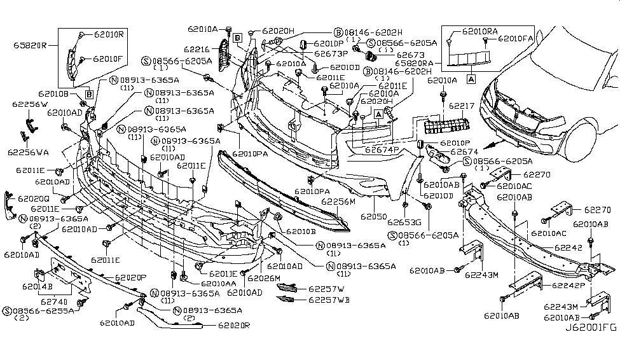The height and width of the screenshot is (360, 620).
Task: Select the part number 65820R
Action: [31, 45]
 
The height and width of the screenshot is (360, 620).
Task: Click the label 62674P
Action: [382, 151]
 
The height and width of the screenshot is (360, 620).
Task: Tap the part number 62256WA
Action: [27, 152]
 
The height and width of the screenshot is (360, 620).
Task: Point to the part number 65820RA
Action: [414, 64]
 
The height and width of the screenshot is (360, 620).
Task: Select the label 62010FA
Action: [517, 39]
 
